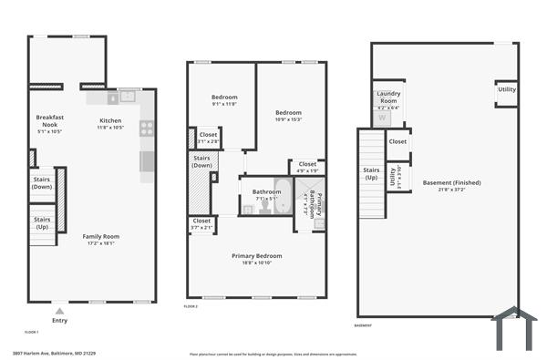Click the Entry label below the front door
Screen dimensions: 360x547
pyautogui.click(x=60, y=320)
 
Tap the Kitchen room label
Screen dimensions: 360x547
pyautogui.click(x=110, y=120)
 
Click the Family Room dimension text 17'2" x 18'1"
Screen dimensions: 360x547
pyautogui.click(x=102, y=243)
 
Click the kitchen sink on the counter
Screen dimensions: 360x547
pyautogui.click(x=127, y=96)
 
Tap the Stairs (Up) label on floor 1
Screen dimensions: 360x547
pyautogui.click(x=42, y=221)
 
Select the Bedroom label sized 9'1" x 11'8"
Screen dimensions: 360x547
pyautogui.click(x=224, y=98)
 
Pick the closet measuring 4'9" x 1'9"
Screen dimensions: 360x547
pyautogui.click(x=307, y=167)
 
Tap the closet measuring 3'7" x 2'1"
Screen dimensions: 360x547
pyautogui.click(x=201, y=223)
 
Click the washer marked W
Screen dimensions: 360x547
pyautogui.click(x=382, y=118)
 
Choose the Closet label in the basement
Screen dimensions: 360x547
pyautogui.click(x=397, y=141)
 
